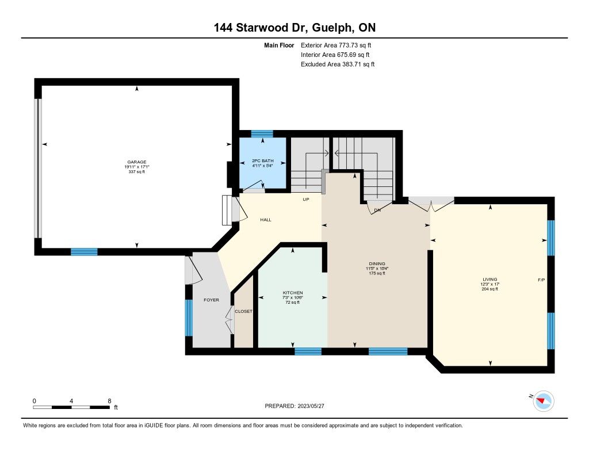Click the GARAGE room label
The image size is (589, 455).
point(136,162)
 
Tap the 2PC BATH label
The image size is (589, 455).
point(262,161)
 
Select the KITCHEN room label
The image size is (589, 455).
point(293,293)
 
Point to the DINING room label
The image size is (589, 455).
point(377,264)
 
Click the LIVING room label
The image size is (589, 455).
point(490,280)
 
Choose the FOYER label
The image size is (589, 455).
point(211,300)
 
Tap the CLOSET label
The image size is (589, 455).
point(243,311)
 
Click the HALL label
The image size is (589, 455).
point(266,220)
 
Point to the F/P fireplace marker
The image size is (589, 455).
point(541,280)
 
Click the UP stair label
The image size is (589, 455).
point(306,200)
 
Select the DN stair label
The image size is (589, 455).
point(377,210)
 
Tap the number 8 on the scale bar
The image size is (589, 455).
point(109,401)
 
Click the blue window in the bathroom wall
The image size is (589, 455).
point(262,134)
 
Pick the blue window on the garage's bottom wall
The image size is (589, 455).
point(84,252)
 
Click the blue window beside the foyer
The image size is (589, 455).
point(189,318)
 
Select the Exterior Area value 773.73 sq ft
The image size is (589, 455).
point(355,45)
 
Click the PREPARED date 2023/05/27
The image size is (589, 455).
point(311,406)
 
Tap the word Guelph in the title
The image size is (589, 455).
point(332,28)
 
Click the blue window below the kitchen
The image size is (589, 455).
point(308,351)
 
